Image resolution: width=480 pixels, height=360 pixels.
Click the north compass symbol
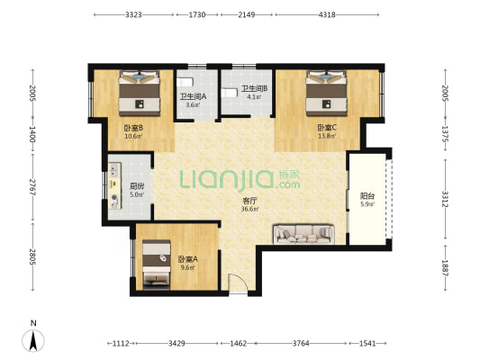(33, 340)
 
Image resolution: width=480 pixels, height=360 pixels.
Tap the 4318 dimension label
(327, 14)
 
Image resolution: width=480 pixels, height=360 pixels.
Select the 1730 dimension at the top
(197, 14)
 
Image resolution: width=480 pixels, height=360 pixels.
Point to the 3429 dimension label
(177, 344)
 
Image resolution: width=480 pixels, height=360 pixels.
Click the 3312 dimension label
(445, 199)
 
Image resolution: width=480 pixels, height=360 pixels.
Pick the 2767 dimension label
(32, 187)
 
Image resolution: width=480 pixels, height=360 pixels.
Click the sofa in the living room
(303, 235)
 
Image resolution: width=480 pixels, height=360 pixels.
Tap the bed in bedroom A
(157, 265)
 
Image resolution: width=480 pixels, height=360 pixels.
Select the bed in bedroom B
(140, 93)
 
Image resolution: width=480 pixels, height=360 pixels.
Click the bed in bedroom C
(326, 93)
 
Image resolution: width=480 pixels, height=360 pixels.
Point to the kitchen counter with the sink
(114, 186)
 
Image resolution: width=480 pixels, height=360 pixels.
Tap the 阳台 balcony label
(367, 196)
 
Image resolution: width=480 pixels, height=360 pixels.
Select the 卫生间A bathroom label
(193, 96)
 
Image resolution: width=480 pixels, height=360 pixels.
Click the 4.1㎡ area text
(254, 97)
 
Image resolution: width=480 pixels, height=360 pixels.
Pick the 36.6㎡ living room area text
(249, 209)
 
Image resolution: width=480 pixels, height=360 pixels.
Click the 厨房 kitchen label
(137, 186)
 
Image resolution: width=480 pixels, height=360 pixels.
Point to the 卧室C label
(327, 127)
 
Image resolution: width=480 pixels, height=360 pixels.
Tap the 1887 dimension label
(445, 268)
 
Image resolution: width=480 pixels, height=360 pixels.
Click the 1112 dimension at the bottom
(121, 344)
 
